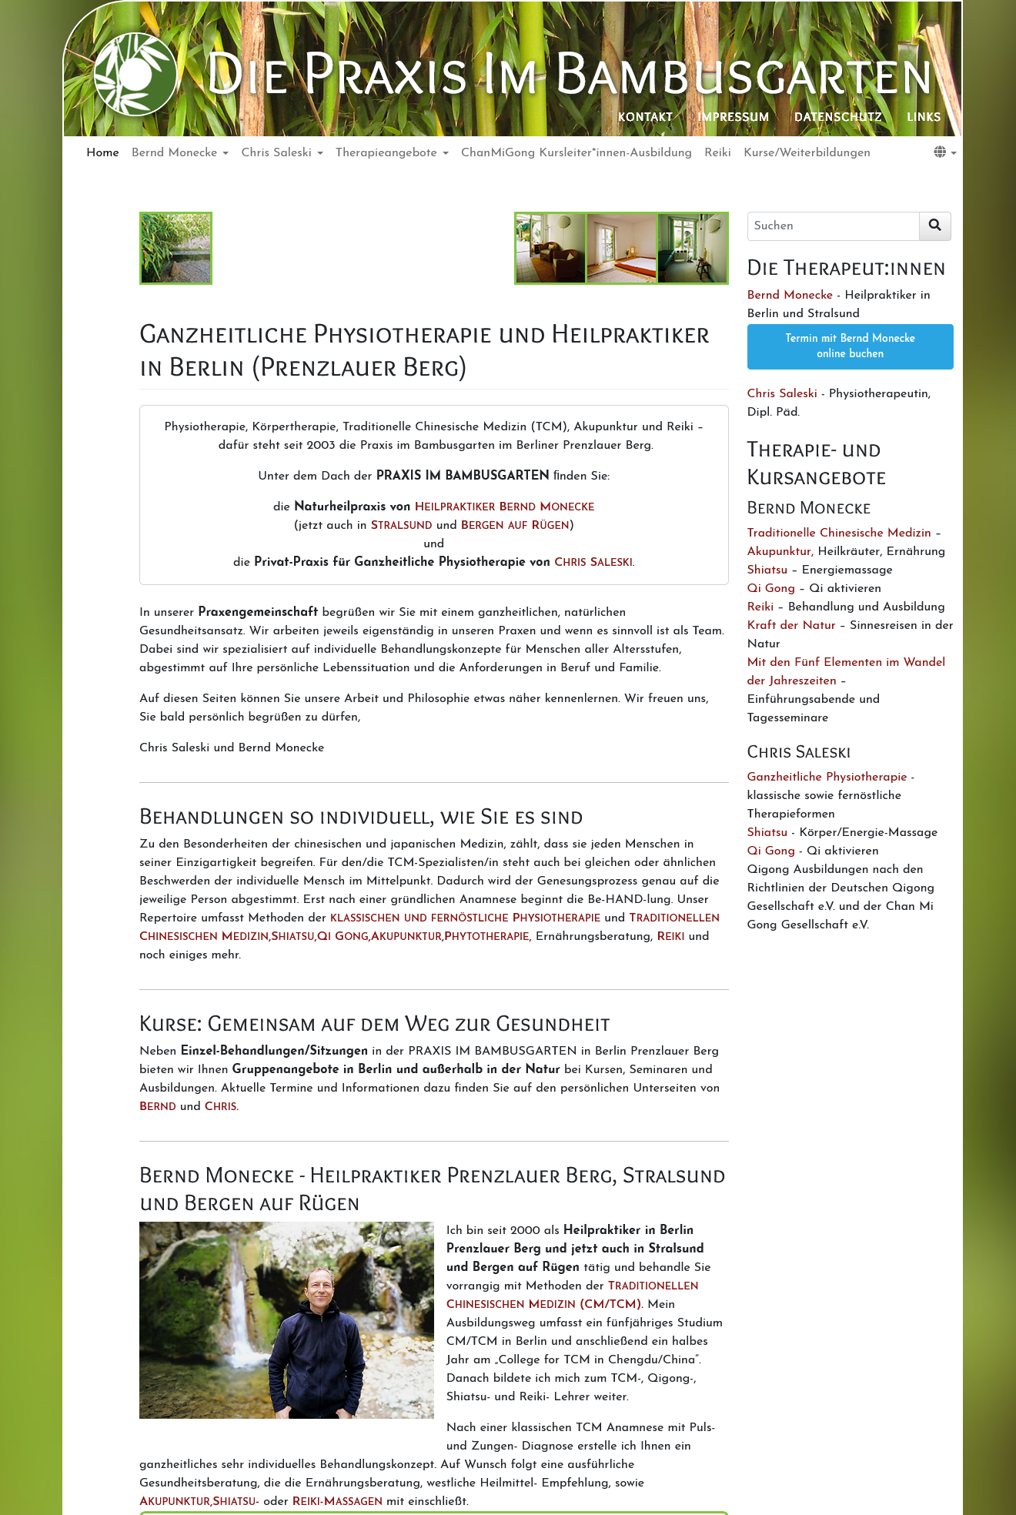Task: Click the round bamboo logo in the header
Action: [x=135, y=74]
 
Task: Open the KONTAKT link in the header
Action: [x=645, y=117]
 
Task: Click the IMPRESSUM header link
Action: [x=733, y=117]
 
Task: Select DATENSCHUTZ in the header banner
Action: [x=837, y=117]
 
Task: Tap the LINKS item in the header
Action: [x=924, y=117]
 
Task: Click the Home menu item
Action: [x=102, y=152]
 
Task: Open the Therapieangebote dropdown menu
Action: [x=391, y=152]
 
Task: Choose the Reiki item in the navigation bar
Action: [x=717, y=152]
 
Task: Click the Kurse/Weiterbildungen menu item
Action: [x=807, y=152]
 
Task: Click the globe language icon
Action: [x=941, y=152]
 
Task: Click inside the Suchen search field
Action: [x=833, y=226]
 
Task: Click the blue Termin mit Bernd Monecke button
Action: [x=850, y=346]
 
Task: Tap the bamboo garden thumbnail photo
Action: [x=175, y=248]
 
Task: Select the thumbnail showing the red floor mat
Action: [x=621, y=248]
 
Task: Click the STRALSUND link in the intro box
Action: [x=401, y=525]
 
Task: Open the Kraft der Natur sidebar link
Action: [x=790, y=625]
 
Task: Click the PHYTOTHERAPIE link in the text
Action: [x=486, y=936]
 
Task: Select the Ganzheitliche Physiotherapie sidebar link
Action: [x=827, y=777]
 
